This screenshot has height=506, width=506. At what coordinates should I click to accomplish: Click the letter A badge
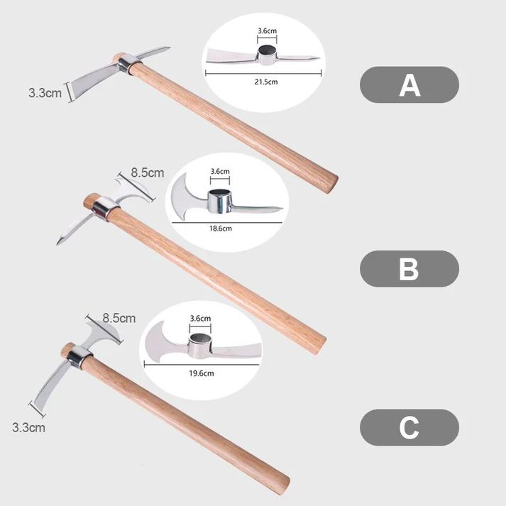tap(409, 85)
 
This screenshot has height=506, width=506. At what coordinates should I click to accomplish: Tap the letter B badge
tap(409, 269)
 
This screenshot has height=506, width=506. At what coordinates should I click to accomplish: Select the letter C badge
tap(409, 427)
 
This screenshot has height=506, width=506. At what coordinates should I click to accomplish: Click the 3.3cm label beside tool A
tap(45, 92)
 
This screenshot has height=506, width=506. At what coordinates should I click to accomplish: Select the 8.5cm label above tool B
tap(148, 172)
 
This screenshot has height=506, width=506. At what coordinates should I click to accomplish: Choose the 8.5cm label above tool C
tap(119, 318)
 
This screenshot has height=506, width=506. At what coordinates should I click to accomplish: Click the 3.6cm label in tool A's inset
tap(268, 31)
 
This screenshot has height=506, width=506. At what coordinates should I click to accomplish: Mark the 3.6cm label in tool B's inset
tap(220, 171)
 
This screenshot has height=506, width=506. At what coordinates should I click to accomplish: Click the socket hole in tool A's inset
tap(268, 51)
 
